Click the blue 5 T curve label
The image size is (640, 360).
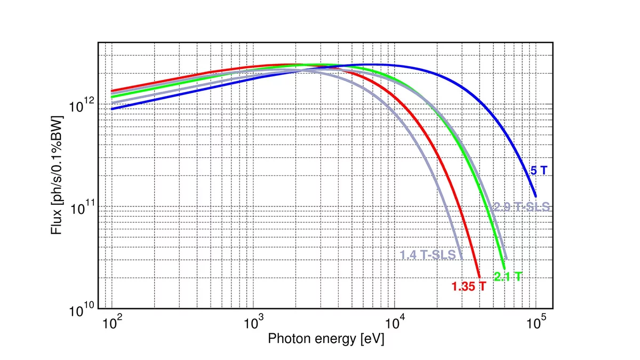pyautogui.click(x=538, y=171)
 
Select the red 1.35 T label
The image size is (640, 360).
pyautogui.click(x=469, y=286)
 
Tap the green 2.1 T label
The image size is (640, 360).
pyautogui.click(x=508, y=276)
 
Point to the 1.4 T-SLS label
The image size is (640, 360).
pyautogui.click(x=428, y=255)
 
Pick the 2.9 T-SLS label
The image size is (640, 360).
pyautogui.click(x=521, y=207)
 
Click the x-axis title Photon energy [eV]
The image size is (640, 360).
pyautogui.click(x=325, y=338)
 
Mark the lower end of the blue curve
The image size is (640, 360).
pyautogui.click(x=535, y=196)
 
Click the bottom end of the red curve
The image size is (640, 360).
pyautogui.click(x=479, y=277)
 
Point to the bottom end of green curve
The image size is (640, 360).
pyautogui.click(x=504, y=269)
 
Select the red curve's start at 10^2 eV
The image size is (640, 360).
pyautogui.click(x=112, y=91)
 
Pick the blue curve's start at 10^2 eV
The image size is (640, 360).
pyautogui.click(x=112, y=109)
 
